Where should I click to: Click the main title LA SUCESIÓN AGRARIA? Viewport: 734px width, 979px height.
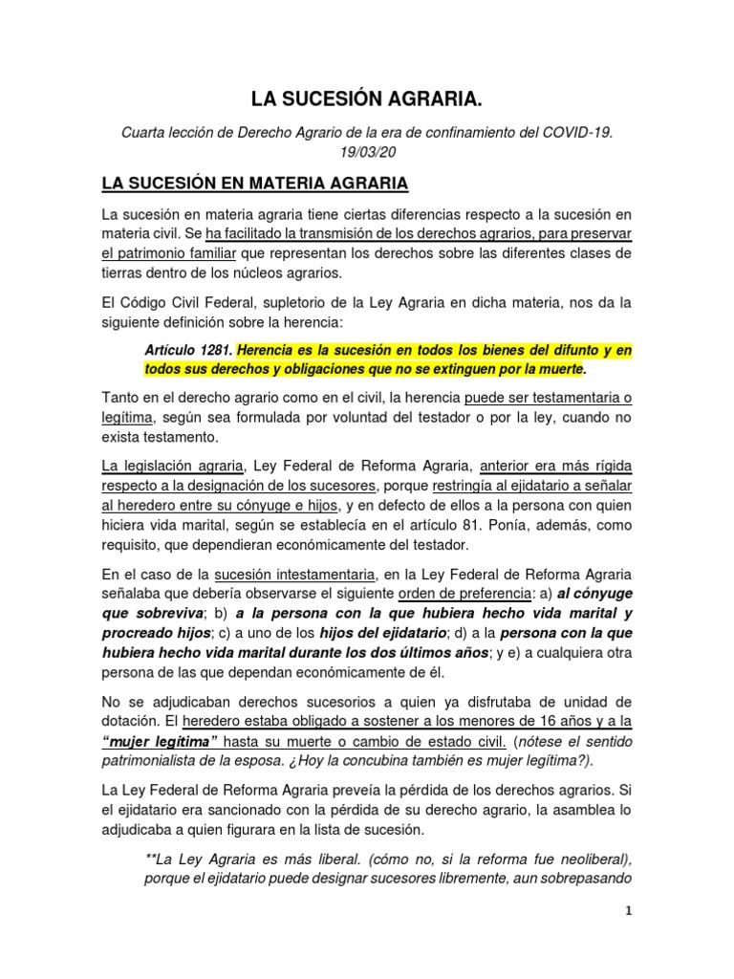[x=366, y=98]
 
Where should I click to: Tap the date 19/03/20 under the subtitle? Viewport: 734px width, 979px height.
[x=366, y=153]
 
